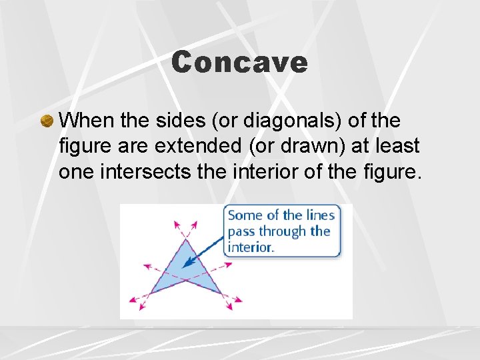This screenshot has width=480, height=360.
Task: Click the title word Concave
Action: pos(239,63)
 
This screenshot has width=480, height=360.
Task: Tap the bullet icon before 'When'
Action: pos(47,121)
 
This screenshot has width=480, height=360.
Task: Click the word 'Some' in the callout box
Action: pos(244,215)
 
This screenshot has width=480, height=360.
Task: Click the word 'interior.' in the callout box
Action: pos(251,247)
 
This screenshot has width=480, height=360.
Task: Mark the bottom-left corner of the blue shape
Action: pos(150,293)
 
